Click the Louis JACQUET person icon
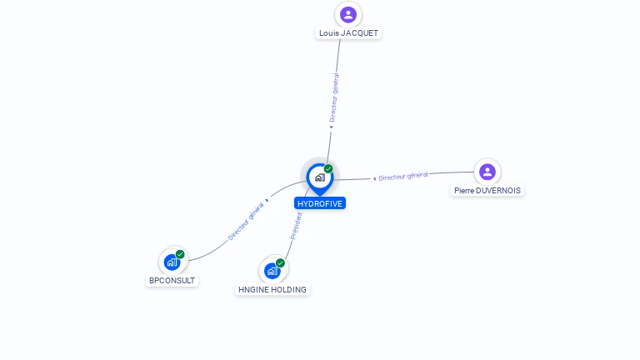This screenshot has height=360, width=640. coord(348,14)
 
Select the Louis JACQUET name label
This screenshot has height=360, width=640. coord(348,33)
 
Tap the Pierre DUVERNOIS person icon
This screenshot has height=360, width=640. coord(487,172)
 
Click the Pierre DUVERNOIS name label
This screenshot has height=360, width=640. coord(487,191)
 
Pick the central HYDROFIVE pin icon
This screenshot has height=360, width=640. coord(319,177)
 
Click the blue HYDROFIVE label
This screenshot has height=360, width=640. coord(320,203)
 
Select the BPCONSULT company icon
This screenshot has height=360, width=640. coord(172,262)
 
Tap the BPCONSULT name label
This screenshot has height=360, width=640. coord(172,281)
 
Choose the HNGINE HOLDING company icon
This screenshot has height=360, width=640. coord(272,270)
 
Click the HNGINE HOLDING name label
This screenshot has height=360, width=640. coord(272,290)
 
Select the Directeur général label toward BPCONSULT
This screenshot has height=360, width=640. coord(247,221)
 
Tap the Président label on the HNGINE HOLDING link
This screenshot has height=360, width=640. coord(296,225)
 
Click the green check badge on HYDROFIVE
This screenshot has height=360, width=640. coord(328,168)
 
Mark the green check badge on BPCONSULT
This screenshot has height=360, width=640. coord(180,254)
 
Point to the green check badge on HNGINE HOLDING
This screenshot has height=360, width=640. coord(280,262)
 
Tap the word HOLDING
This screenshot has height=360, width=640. coord(288,290)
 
